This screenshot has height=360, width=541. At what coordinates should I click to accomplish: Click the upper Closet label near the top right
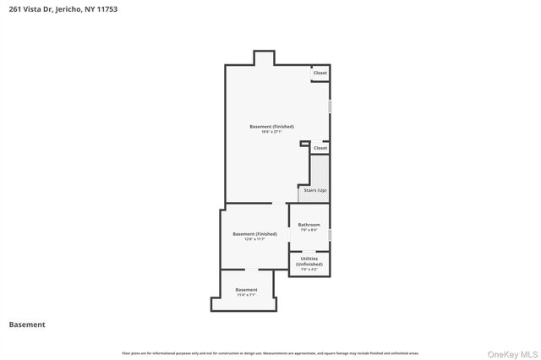320,74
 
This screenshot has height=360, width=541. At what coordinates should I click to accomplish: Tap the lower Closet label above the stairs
320,148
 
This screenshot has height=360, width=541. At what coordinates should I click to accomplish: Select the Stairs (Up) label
314,190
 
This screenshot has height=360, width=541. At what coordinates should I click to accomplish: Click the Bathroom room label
309,225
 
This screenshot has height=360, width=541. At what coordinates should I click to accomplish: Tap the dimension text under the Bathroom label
309,230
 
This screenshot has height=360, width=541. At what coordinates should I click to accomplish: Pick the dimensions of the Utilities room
309,270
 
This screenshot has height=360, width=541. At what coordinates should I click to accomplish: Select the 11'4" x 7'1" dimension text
246,296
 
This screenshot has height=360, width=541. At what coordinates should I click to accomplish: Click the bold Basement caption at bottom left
27,325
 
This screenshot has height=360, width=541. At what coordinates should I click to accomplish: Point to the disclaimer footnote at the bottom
270,352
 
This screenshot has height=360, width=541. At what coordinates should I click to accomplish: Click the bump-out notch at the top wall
264,57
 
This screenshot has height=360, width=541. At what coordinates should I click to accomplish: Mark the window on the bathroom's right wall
330,234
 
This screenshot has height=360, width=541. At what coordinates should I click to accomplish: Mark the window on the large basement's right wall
330,106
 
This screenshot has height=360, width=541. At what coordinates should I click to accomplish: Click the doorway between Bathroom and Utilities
309,252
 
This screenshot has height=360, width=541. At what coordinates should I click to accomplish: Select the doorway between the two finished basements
278,204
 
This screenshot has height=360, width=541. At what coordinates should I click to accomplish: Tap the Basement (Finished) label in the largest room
271,127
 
